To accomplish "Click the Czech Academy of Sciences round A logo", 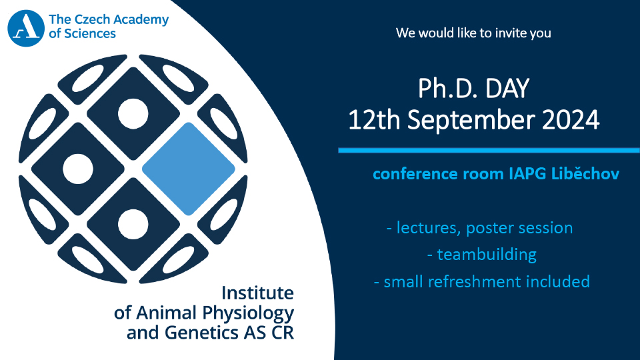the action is (x=26, y=28).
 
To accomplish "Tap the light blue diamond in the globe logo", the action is (x=189, y=169).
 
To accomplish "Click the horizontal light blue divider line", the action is (x=489, y=151).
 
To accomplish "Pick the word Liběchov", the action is (x=585, y=173).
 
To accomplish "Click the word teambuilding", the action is (x=487, y=255).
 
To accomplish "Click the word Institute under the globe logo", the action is (x=257, y=293).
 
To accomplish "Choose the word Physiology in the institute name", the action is (x=248, y=313).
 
